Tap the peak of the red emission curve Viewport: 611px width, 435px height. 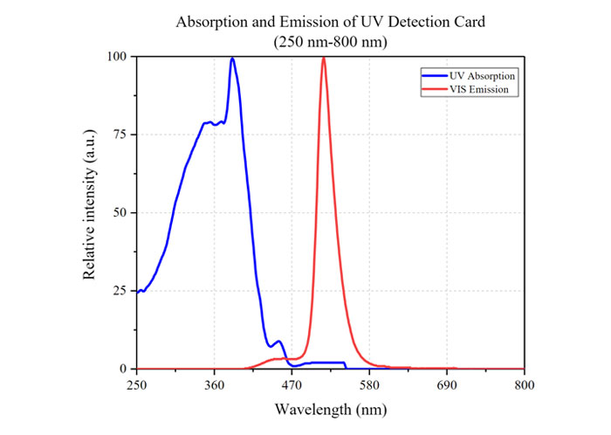[x=324, y=58]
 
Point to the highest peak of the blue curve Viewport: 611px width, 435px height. [x=232, y=59]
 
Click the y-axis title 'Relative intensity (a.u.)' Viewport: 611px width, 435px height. [x=89, y=213]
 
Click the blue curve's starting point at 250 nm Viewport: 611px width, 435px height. [x=137, y=292]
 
